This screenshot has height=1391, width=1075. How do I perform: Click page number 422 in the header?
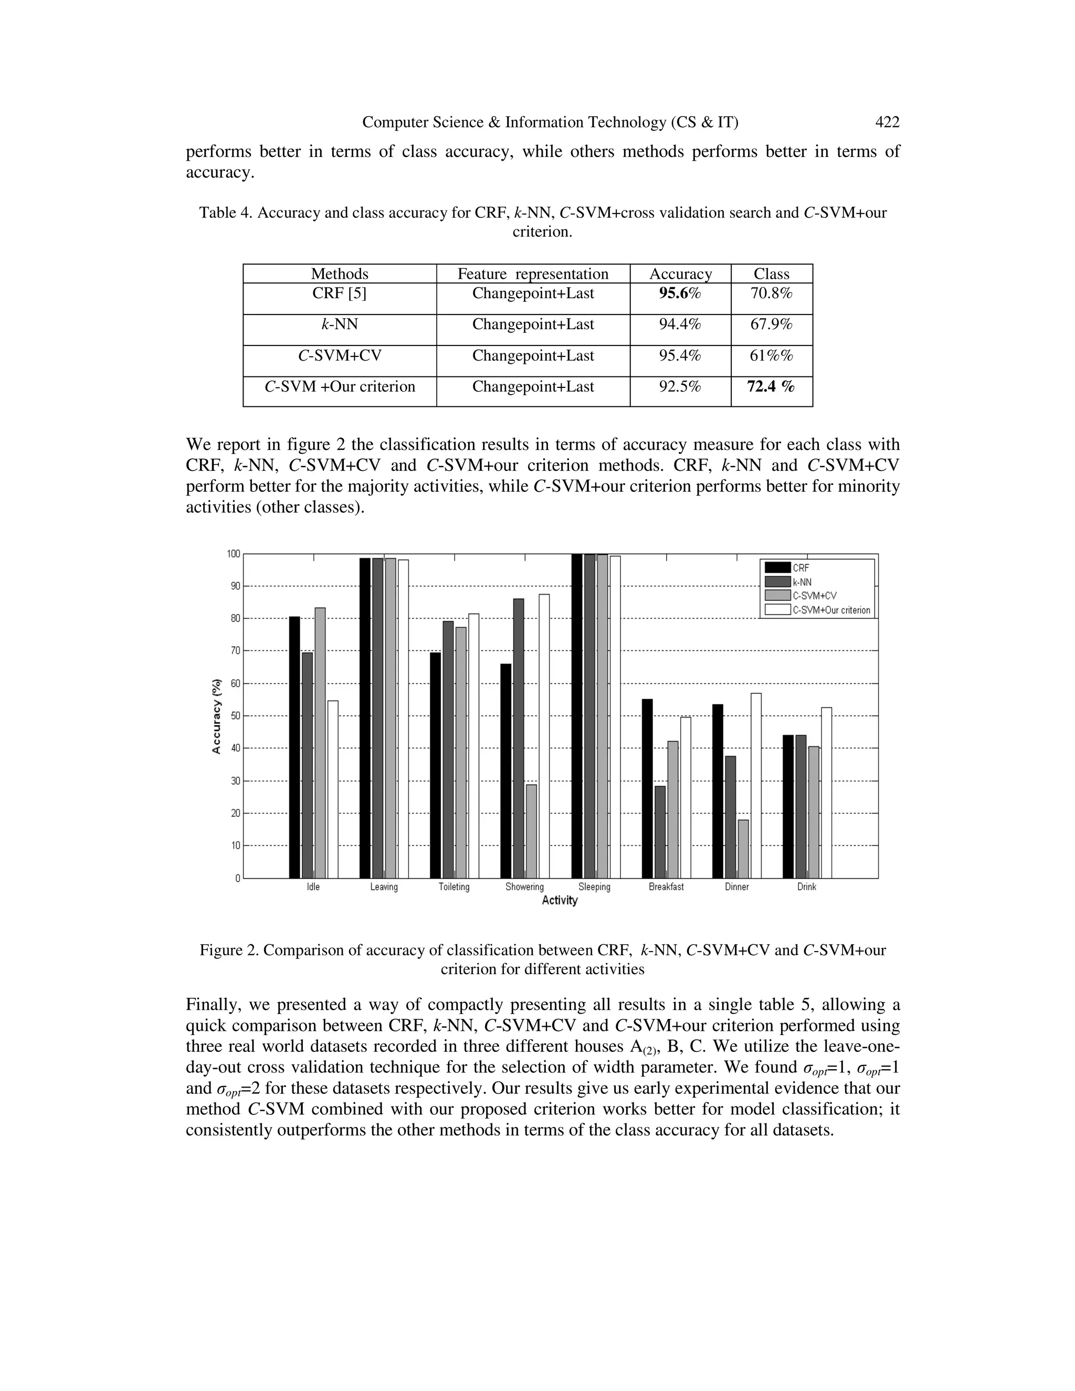pyautogui.click(x=887, y=122)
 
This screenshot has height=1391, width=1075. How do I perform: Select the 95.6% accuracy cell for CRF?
pyautogui.click(x=680, y=293)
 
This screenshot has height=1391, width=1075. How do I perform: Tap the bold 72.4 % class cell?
pyautogui.click(x=771, y=387)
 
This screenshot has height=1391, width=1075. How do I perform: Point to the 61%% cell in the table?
pyautogui.click(x=771, y=355)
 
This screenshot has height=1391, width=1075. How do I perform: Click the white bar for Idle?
pyautogui.click(x=332, y=790)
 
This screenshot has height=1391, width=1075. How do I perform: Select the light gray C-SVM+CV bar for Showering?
pyautogui.click(x=531, y=831)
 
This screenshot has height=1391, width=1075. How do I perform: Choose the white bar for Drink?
pyautogui.click(x=826, y=793)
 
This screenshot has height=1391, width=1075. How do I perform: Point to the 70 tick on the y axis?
pyautogui.click(x=235, y=651)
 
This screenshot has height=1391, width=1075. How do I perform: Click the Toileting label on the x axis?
pyautogui.click(x=454, y=887)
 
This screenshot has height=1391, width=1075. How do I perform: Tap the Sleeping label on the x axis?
pyautogui.click(x=594, y=887)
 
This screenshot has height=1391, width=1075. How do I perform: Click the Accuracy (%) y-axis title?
pyautogui.click(x=217, y=715)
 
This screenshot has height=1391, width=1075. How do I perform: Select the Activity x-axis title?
pyautogui.click(x=559, y=901)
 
